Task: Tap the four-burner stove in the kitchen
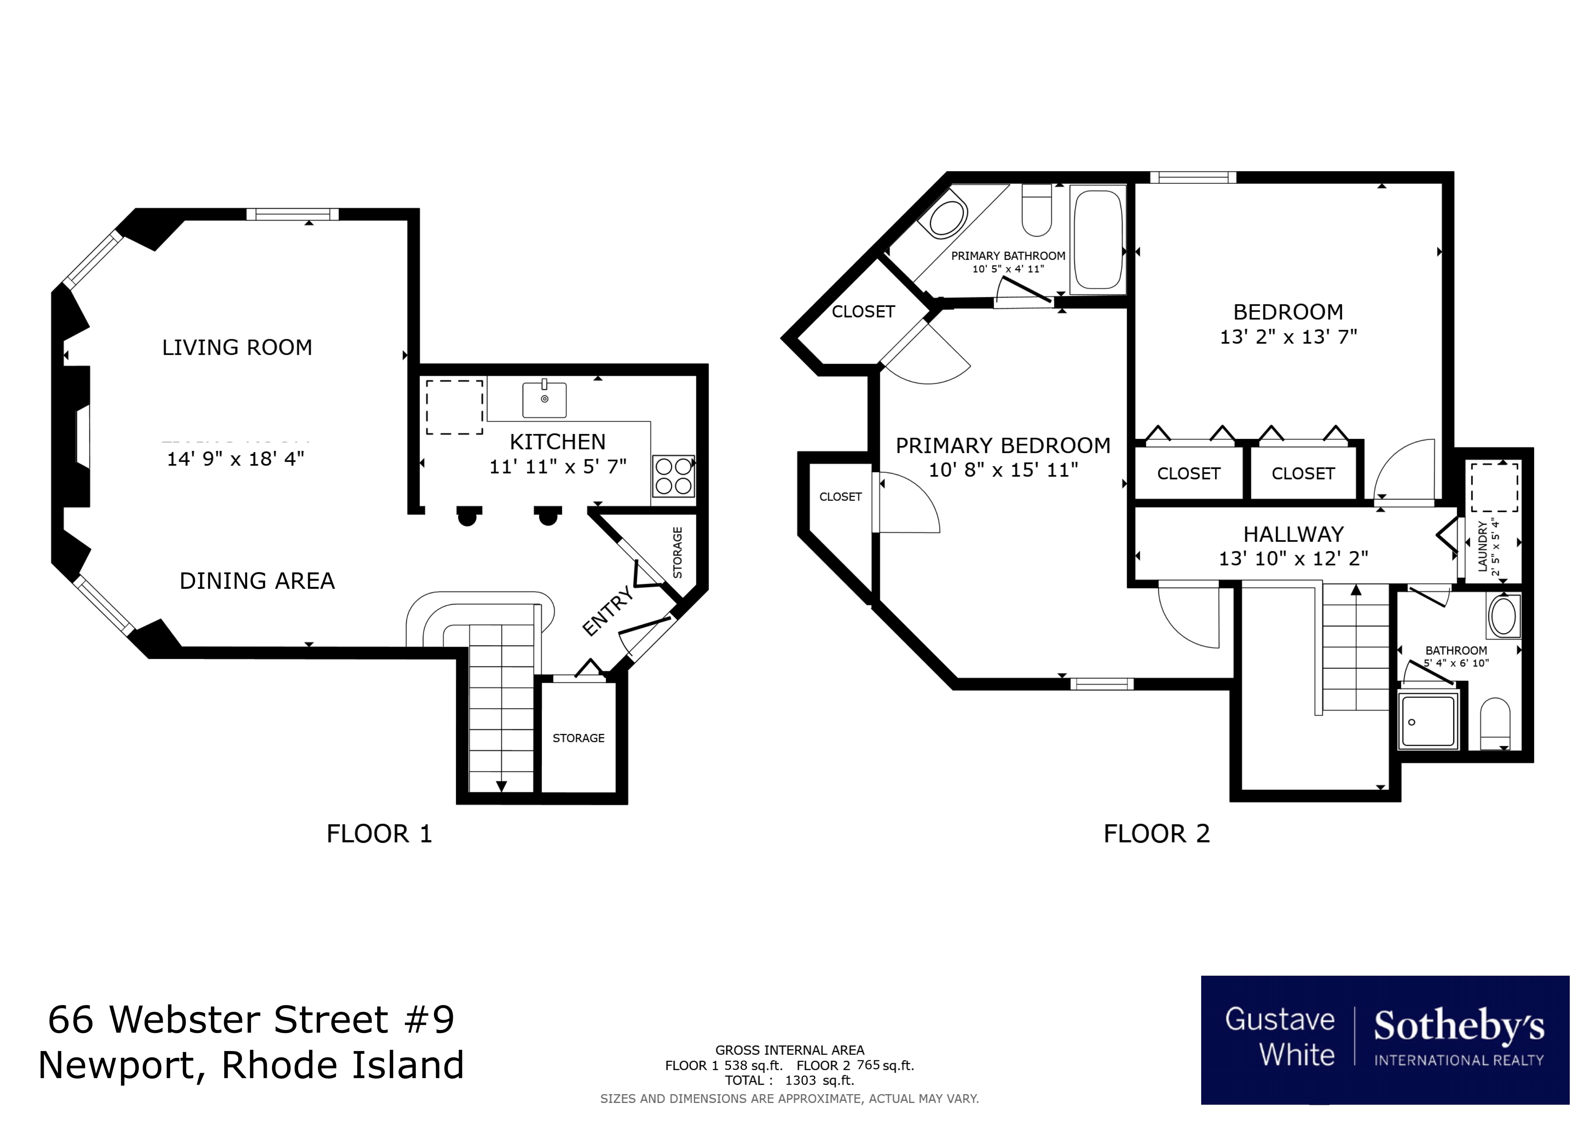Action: [x=673, y=476]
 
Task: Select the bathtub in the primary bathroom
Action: [x=1098, y=240]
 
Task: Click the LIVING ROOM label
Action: [x=237, y=347]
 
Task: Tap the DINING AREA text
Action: [x=257, y=581]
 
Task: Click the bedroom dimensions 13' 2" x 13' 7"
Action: [x=1288, y=337]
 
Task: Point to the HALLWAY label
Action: [x=1293, y=534]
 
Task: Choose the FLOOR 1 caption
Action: [x=379, y=834]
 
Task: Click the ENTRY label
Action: [x=607, y=611]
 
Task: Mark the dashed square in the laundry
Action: [x=1494, y=487]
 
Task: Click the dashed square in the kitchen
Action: [x=454, y=407]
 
